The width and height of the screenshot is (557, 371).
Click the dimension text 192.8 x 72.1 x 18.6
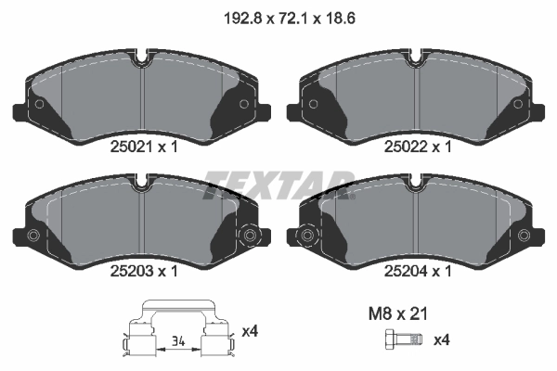point(290,19)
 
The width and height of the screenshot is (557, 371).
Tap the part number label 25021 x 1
point(144,147)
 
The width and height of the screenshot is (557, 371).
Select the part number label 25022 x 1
point(418,147)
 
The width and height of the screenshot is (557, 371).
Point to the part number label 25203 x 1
point(144,271)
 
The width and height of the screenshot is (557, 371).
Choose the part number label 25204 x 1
point(418,271)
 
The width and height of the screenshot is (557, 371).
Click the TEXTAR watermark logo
point(279,185)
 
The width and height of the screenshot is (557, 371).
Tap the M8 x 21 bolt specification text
point(398,313)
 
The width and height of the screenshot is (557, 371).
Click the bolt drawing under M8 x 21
point(403,339)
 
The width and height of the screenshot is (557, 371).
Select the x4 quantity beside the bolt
point(442,340)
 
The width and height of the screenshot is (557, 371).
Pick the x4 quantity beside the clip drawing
point(250,332)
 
